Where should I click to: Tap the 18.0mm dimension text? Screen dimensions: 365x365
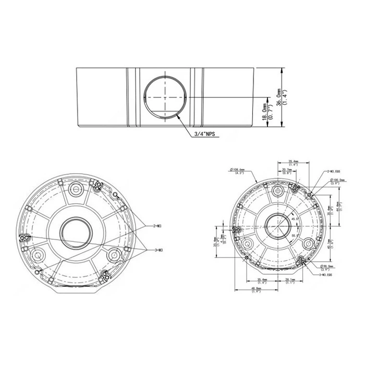click(265, 111)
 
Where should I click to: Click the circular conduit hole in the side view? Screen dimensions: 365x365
click(165, 98)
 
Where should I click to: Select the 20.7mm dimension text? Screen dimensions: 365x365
click(286, 171)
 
